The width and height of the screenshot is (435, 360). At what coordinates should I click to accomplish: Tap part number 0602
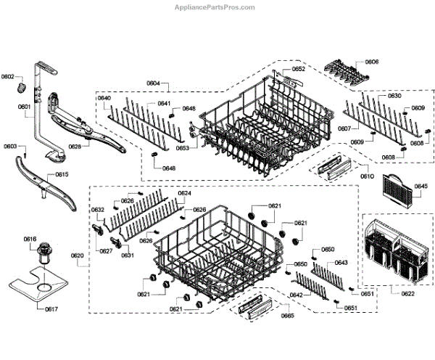8,76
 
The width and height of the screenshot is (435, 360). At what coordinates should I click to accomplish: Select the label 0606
371,62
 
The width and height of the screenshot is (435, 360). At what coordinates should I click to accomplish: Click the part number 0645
420,186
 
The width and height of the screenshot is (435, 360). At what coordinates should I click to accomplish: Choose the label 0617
31,309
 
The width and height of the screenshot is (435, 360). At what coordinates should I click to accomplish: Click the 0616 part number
30,240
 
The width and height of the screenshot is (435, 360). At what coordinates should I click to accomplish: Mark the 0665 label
267,316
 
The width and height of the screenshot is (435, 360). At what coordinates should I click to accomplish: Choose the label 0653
181,148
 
